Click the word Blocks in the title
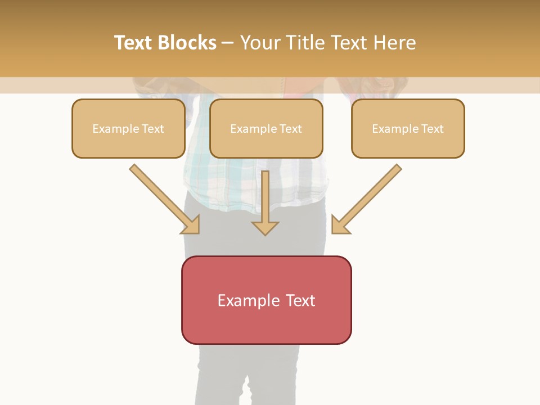click(188, 43)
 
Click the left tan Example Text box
click(128, 129)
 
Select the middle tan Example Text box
click(266, 129)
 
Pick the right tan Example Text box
click(408, 129)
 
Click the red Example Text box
click(266, 300)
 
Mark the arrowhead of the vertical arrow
click(265, 227)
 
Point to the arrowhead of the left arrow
click(191, 225)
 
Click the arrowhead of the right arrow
click(340, 225)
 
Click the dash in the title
click(228, 43)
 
